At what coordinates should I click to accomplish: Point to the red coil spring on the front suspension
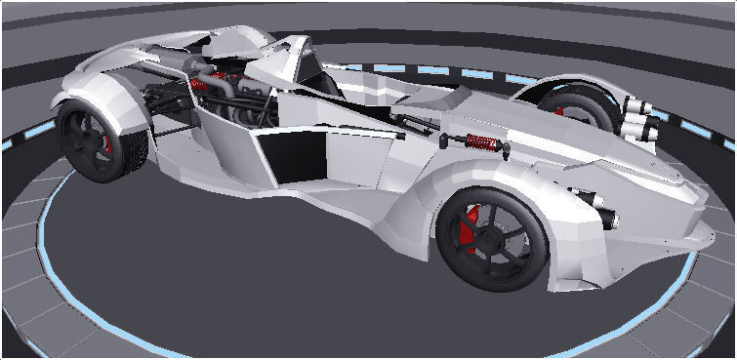pos(483,142)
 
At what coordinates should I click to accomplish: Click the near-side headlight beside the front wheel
pos(595,206)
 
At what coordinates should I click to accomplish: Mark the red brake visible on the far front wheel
pos(559,111)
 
